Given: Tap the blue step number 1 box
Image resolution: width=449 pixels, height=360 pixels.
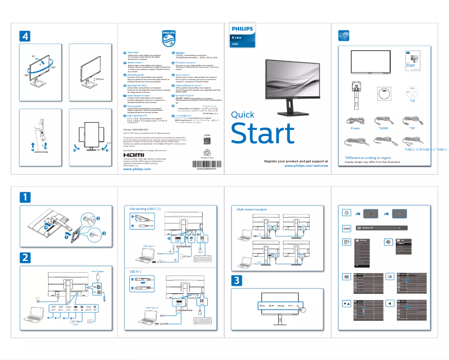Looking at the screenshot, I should [26, 197].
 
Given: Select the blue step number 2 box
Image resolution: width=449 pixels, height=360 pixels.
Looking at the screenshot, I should [26, 258].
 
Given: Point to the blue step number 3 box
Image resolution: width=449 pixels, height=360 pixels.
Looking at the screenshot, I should [238, 280].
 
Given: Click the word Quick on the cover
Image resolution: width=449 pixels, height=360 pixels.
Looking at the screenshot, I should [242, 115].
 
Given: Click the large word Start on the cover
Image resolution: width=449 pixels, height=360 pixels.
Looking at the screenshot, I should [263, 134].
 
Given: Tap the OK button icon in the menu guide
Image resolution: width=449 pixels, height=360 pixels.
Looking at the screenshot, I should [390, 277].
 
